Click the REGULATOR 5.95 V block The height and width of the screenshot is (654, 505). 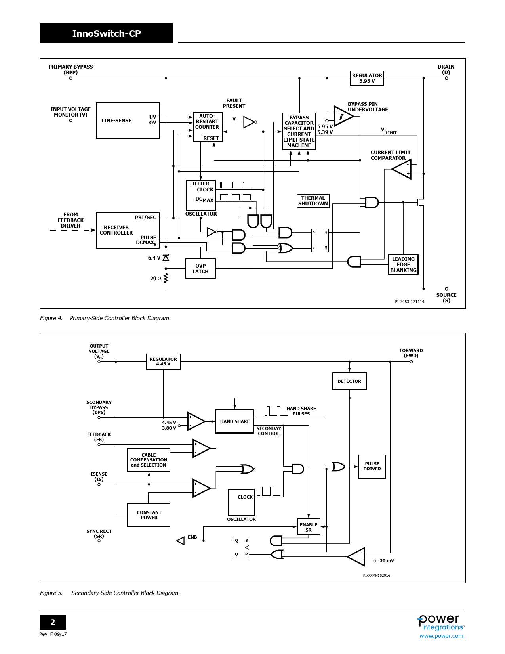pos(367,78)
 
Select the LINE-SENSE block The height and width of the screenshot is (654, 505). pos(128,120)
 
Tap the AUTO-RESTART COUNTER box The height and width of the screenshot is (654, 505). pos(208,127)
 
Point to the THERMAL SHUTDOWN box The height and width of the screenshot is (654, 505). pos(313,201)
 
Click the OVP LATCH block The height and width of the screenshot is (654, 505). pos(200,269)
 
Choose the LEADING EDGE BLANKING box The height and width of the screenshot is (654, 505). pos(403,265)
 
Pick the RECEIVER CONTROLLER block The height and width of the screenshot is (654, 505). pos(128,230)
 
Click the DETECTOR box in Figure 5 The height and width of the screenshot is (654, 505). pos(349,381)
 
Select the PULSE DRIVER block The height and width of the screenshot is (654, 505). pos(372,467)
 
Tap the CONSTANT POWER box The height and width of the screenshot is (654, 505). pos(149,515)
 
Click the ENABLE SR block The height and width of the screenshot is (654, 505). pos(309,527)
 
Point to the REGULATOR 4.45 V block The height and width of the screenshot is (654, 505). pos(163,361)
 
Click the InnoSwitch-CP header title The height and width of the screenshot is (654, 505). pos(107,34)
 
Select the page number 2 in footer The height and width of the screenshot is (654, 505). pos(53,622)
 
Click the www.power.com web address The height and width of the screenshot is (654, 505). pos(441,636)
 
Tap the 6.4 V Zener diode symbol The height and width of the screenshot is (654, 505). pos(166,258)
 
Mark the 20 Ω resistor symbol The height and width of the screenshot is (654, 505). pos(166,278)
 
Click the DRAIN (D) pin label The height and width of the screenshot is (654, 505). pos(446,69)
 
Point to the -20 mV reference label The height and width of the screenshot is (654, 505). pos(386,561)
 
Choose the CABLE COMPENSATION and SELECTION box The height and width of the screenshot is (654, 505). pos(149,460)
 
